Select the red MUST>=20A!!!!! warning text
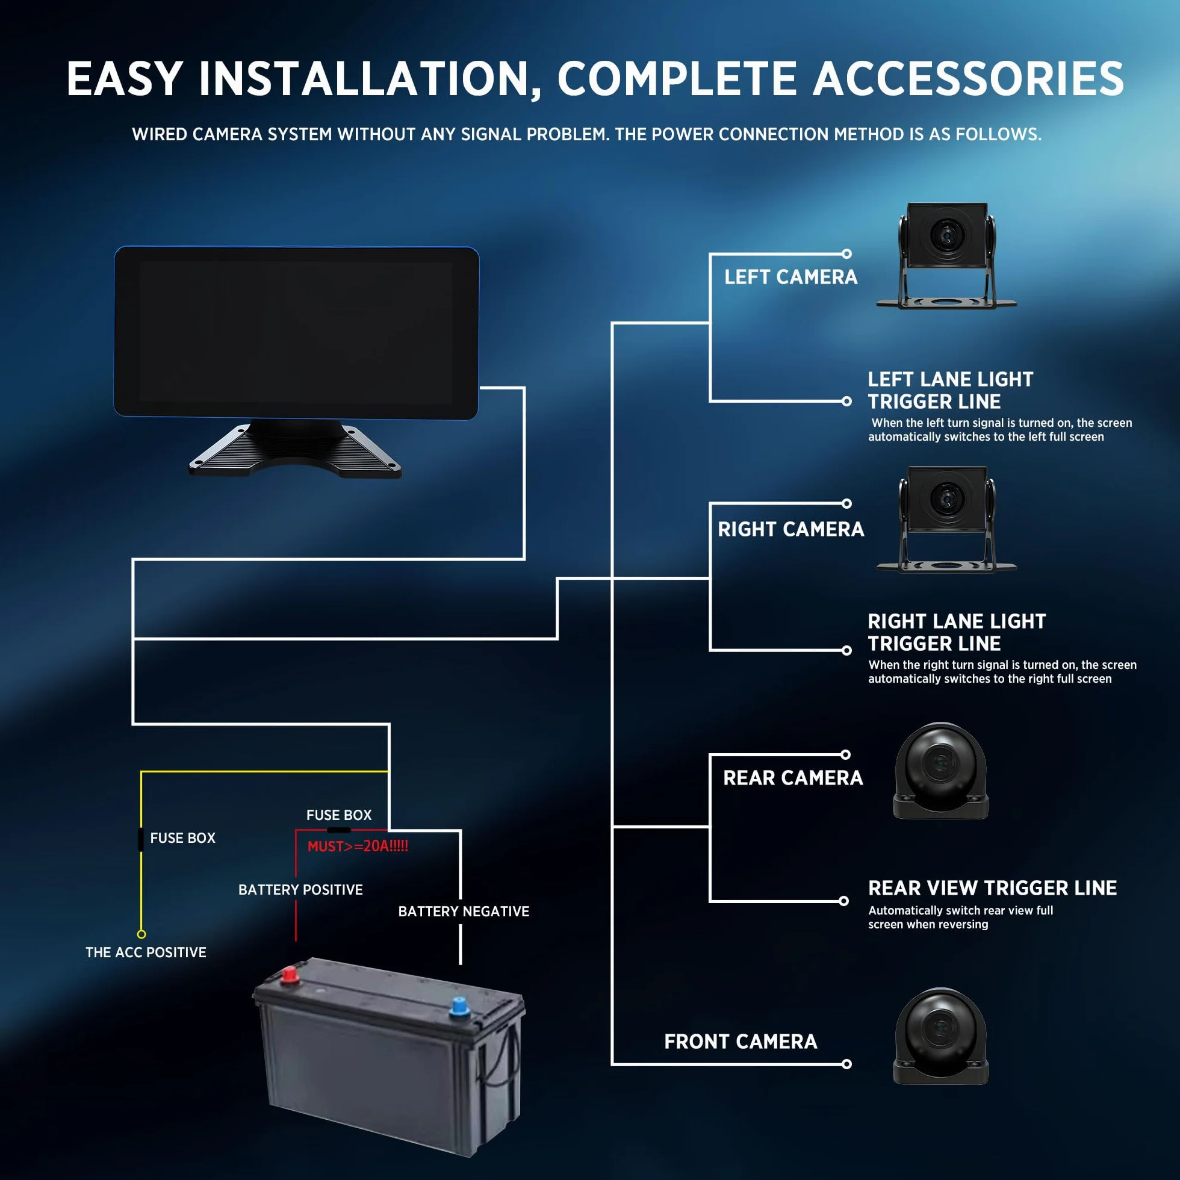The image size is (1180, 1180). pos(358,846)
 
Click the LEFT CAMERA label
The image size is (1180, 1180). pos(791,278)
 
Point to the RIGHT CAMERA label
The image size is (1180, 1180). pos(791,529)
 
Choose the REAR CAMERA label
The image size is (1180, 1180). pos(793,777)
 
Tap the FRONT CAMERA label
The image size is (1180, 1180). pos(741,1042)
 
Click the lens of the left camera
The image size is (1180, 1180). pos(947,235)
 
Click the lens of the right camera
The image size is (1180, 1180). pos(947,498)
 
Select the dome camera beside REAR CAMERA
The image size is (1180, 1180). pos(940,771)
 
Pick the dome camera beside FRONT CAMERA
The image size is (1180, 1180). pos(940,1037)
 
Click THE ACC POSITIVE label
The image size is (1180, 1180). pos(146,952)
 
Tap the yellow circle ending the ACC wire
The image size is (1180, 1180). pos(141,934)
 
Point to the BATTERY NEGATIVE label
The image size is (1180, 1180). pos(464,911)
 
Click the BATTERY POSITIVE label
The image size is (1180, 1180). pos(300,889)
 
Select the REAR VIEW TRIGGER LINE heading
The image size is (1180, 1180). pos(993,887)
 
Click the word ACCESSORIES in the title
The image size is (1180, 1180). pos(968,79)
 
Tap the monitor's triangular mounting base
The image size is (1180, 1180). pos(296,449)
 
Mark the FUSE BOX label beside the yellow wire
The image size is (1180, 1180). pos(182,838)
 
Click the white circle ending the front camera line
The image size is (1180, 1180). pos(846,1064)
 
